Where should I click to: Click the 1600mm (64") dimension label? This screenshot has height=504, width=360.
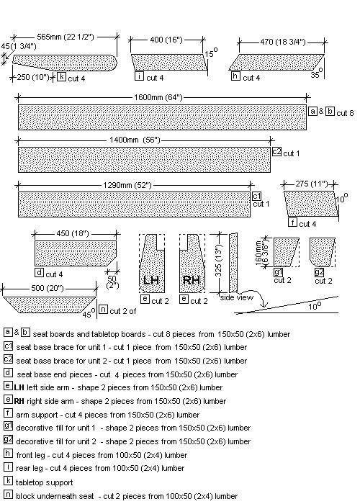(x=158, y=97)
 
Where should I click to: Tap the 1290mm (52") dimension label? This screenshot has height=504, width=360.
(x=127, y=186)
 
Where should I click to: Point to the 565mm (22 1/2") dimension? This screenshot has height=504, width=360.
(x=66, y=37)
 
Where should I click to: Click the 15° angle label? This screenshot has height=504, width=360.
(x=211, y=53)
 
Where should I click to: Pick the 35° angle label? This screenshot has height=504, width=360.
(x=316, y=73)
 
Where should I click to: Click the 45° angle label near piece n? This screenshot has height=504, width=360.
(x=89, y=313)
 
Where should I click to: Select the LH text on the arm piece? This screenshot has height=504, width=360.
(x=150, y=281)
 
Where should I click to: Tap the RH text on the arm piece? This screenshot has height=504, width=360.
(x=191, y=280)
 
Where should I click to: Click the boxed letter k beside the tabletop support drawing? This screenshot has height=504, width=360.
(x=61, y=77)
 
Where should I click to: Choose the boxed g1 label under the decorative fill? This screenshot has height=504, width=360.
(x=278, y=272)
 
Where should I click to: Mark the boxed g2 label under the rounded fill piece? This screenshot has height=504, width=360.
(x=319, y=272)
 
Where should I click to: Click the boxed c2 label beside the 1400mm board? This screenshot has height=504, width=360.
(x=276, y=151)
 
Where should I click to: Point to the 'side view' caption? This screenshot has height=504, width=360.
(x=237, y=297)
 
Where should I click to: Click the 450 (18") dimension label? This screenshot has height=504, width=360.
(x=72, y=234)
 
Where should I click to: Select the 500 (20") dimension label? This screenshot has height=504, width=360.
(x=48, y=288)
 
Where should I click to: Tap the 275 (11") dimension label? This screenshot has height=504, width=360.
(x=312, y=184)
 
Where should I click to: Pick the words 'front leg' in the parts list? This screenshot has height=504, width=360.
(x=30, y=455)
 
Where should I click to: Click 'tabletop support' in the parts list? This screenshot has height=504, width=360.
(x=45, y=482)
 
